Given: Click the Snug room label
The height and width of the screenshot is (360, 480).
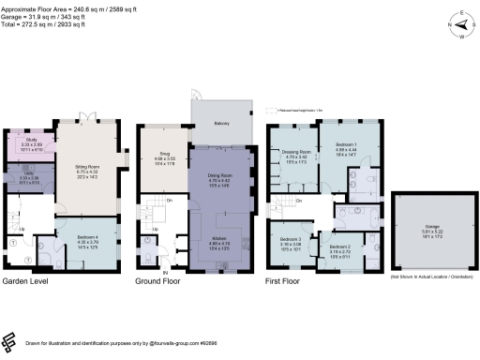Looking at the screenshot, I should (162, 158).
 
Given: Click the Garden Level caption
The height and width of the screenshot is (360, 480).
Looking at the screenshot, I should (27, 280).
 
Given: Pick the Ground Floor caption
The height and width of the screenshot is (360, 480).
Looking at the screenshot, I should (160, 280).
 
